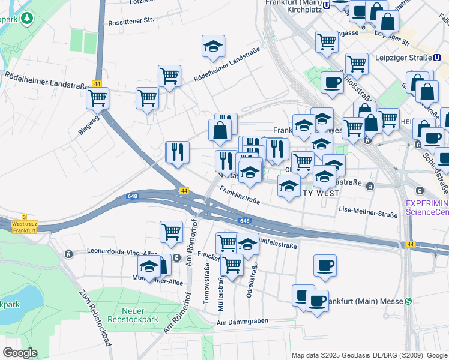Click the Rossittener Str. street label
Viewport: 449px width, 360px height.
(x=131, y=20)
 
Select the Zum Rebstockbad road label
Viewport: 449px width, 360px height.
(x=95, y=319)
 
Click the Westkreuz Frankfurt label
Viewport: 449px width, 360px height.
(x=24, y=227)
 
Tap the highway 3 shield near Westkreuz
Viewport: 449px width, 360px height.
(x=24, y=217)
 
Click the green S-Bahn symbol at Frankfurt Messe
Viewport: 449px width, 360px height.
(x=408, y=301)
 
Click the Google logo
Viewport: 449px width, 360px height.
(x=20, y=352)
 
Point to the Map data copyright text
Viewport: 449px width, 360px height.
(x=369, y=355)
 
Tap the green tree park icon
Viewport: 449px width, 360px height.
(x=26, y=19)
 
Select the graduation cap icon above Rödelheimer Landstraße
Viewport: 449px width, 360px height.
(x=212, y=47)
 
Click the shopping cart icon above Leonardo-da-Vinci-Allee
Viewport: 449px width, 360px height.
(x=172, y=230)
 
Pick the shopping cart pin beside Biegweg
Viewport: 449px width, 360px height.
(x=97, y=97)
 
